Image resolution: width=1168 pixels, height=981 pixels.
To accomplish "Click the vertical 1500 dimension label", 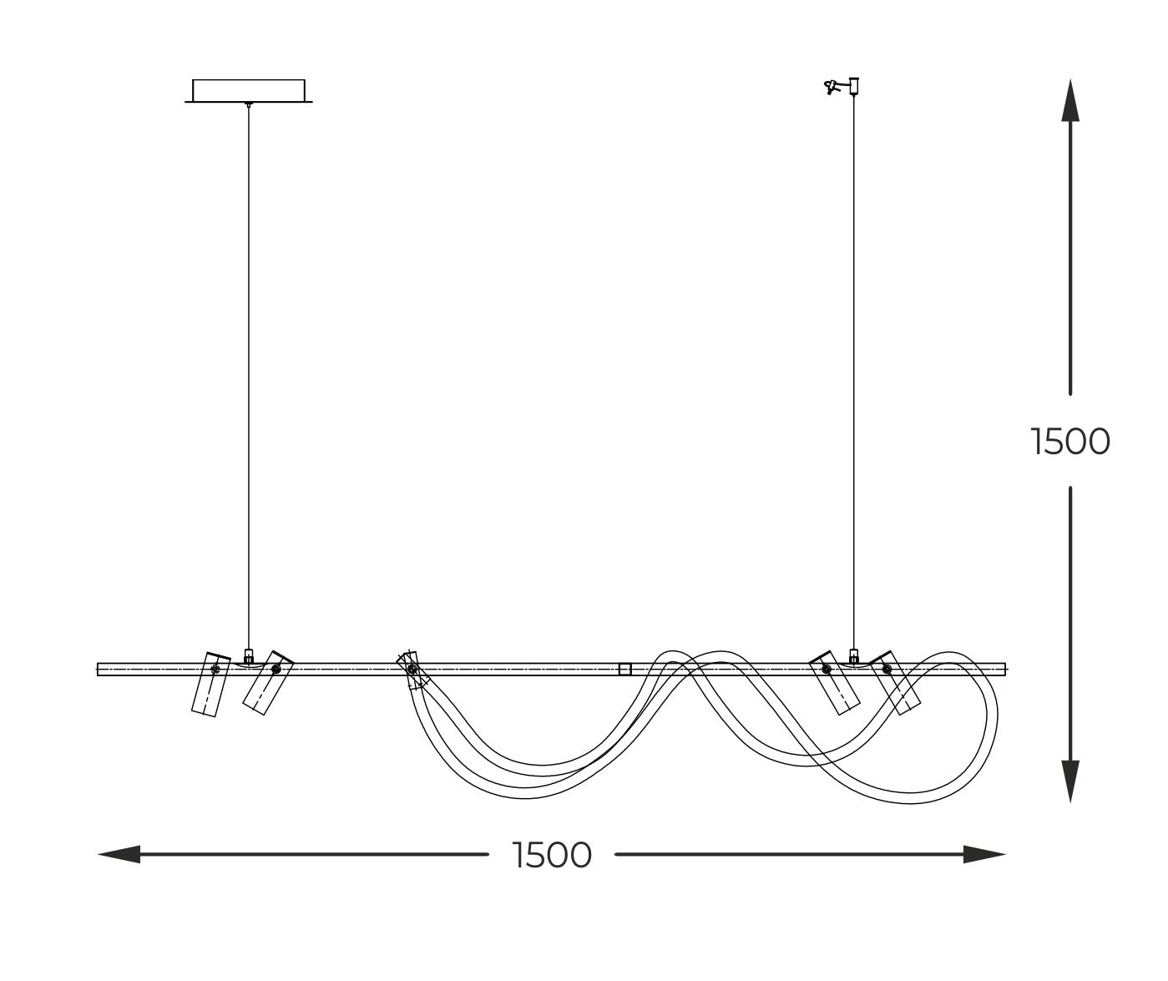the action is (1069, 442).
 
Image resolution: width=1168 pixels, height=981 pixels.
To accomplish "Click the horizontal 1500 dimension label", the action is (552, 855).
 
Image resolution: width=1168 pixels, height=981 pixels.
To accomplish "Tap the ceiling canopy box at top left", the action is (249, 91).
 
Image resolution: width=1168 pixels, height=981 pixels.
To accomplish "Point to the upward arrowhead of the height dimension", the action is (1070, 101).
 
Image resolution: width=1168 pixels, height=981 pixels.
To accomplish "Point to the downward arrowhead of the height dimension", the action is (1070, 781).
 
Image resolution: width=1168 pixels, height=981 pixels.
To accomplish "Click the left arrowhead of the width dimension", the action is (119, 855).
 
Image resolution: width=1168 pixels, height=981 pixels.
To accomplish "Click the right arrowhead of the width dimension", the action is (984, 855).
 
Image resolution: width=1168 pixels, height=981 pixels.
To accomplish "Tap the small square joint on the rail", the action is (624, 670).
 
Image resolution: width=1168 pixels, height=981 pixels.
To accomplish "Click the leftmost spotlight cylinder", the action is (210, 684).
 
